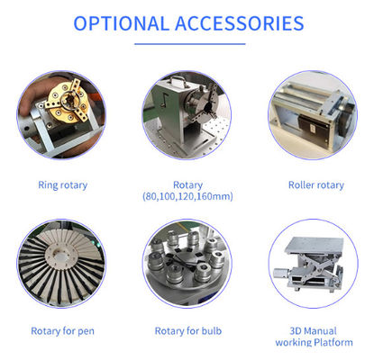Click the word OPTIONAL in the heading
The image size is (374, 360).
click(x=121, y=23)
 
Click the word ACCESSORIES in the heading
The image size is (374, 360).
click(x=240, y=23)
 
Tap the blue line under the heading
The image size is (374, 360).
click(x=190, y=44)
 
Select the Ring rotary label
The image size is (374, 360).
click(x=63, y=185)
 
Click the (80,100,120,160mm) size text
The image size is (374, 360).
click(x=187, y=196)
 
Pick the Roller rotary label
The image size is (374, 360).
click(x=316, y=185)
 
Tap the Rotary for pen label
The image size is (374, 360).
click(x=63, y=331)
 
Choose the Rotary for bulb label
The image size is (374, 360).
click(x=188, y=331)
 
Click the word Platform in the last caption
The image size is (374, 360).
click(x=333, y=342)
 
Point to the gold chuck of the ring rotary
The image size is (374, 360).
click(x=68, y=102)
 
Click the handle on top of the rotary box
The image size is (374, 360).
click(x=178, y=82)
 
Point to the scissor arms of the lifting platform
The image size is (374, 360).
click(x=313, y=268)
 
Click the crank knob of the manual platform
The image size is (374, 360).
click(x=280, y=273)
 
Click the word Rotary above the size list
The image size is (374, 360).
click(x=187, y=185)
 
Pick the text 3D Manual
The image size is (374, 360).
click(x=313, y=331)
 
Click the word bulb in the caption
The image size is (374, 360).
click(x=212, y=331)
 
